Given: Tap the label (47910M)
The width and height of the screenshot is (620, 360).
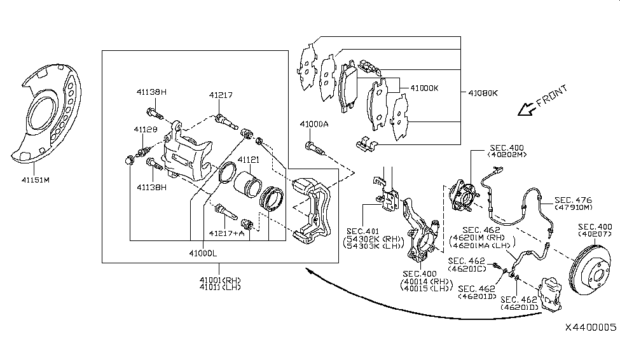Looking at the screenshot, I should coord(574,207).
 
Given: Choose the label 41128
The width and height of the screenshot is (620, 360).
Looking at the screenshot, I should coord(145,130).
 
